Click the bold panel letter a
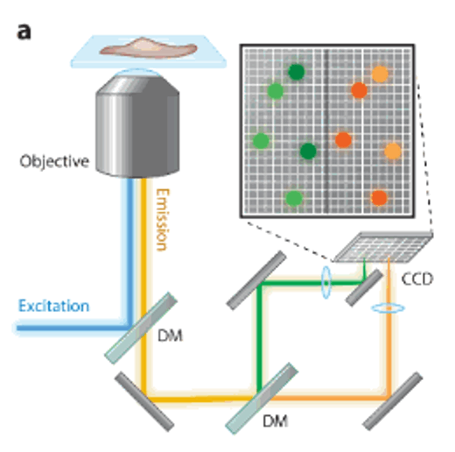coord(24,32)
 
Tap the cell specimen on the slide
coord(148,47)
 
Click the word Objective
coord(54,161)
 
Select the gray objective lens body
coord(137,125)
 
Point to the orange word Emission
coord(162,220)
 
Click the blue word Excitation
coord(54,306)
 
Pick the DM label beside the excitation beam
coord(171,335)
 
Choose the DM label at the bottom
coord(276,421)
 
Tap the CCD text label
coord(417,279)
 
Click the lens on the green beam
coord(326,282)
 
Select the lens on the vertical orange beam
coord(388,308)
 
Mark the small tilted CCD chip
coord(383,247)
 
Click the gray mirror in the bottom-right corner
coord(393,401)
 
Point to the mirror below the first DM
coord(144,402)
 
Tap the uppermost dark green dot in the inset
coord(297,72)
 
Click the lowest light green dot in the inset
coord(294,198)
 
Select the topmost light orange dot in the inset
coord(380,74)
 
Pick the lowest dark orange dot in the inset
coord(379,198)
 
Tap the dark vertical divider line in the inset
coord(326,131)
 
